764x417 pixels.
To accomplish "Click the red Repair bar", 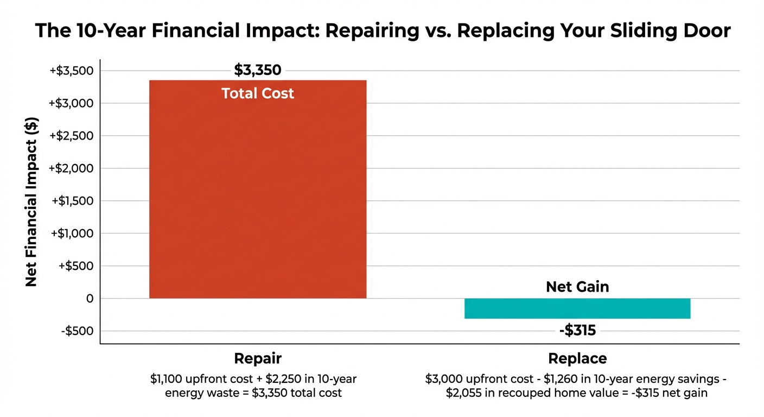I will coord(258,190).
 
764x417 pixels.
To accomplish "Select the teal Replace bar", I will coord(577,308).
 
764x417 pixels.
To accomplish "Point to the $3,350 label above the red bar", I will coord(258,70).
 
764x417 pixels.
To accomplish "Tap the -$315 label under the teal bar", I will coord(577,330).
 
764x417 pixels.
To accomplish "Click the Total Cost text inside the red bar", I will coord(258,93).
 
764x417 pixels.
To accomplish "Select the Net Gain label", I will coord(577,287).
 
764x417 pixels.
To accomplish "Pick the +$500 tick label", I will coord(76,266).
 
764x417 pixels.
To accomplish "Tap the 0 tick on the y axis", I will coord(88,299).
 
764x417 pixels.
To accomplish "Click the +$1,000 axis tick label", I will coord(72,233).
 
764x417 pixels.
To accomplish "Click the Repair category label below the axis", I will coord(258,359).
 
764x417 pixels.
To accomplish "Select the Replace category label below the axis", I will coord(577,359).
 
